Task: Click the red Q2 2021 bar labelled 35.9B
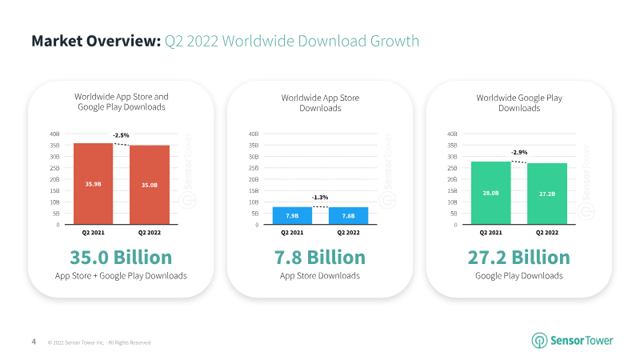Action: tap(93, 184)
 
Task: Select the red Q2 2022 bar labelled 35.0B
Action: tap(150, 185)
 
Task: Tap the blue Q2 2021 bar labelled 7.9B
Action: tap(292, 216)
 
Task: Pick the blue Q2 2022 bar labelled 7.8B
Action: tap(348, 216)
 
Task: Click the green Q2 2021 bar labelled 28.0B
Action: tap(490, 193)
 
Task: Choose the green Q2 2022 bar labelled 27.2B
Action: tap(547, 194)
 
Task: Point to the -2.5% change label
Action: tap(122, 135)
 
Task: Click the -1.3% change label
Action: tap(320, 198)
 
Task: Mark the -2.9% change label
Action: tap(519, 152)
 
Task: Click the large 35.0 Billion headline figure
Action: tap(122, 258)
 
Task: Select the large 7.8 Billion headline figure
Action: tap(320, 258)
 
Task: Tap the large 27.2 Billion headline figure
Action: tap(518, 258)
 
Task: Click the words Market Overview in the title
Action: tap(95, 41)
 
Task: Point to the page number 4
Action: tap(34, 342)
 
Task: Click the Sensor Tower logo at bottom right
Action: tap(572, 340)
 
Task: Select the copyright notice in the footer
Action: tap(99, 342)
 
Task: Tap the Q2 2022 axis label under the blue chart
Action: tap(348, 234)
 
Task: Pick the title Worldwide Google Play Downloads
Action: tap(519, 102)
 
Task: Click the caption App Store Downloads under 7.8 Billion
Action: tap(320, 276)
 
